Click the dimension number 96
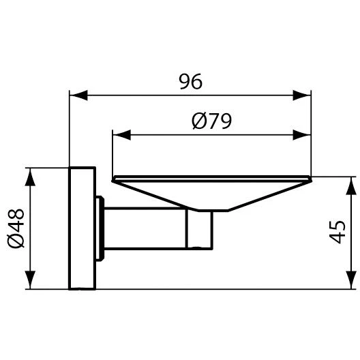pos(191,81)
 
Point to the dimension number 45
pos(336,232)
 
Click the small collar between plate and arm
pos(100,227)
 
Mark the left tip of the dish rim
pos(112,179)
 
